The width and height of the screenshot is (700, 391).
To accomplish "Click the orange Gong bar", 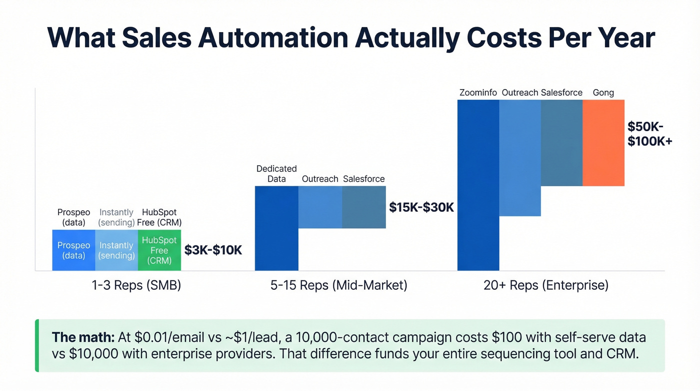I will pyautogui.click(x=603, y=143).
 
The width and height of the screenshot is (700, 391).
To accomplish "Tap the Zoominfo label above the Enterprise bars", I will pyautogui.click(x=478, y=93).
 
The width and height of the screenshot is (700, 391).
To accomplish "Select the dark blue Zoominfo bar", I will pyautogui.click(x=478, y=185).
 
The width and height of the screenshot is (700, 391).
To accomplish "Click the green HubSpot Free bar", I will pyautogui.click(x=159, y=250).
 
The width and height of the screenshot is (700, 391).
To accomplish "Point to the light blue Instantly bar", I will pyautogui.click(x=116, y=250).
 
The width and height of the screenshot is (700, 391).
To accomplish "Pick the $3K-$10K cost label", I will pyautogui.click(x=213, y=250).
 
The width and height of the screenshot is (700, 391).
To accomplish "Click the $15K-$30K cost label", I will pyautogui.click(x=421, y=207).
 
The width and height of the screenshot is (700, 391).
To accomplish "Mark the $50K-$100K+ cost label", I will pyautogui.click(x=649, y=134).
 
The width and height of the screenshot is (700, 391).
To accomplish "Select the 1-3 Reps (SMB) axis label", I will pyautogui.click(x=136, y=285).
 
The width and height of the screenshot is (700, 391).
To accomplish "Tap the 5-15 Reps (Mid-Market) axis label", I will pyautogui.click(x=339, y=285).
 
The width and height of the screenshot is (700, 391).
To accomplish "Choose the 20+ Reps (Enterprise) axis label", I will pyautogui.click(x=546, y=285).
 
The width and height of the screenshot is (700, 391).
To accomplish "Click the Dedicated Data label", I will pyautogui.click(x=276, y=174).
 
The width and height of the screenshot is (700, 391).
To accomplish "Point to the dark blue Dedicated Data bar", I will pyautogui.click(x=276, y=228).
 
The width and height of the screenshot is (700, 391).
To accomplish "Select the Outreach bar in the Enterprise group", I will pyautogui.click(x=520, y=158).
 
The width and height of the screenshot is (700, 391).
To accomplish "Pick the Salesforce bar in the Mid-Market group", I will pyautogui.click(x=363, y=207).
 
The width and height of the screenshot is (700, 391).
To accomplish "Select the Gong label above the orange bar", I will pyautogui.click(x=603, y=93).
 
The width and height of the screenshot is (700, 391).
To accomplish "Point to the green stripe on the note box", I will pyautogui.click(x=37, y=345).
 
